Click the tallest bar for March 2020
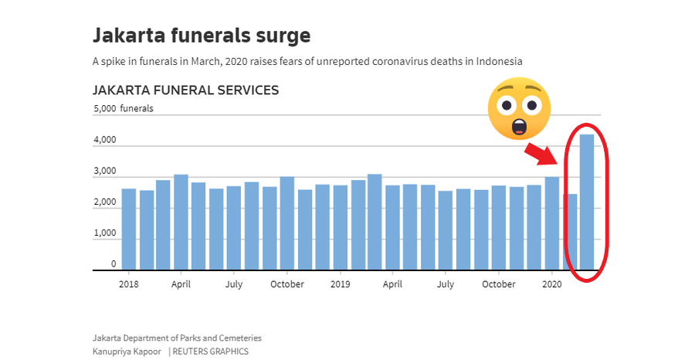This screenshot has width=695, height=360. [x=587, y=202]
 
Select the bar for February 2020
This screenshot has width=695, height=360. [x=570, y=232]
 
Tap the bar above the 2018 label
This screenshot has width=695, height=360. [x=128, y=229]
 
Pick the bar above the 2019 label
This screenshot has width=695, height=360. [x=341, y=227]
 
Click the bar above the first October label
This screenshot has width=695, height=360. [x=287, y=223]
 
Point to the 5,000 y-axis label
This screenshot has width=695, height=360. [x=105, y=109]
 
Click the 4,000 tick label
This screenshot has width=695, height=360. [x=105, y=140]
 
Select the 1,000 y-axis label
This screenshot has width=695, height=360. [x=105, y=233]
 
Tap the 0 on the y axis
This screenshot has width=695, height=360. [x=114, y=263]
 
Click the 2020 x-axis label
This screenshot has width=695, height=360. [x=552, y=284]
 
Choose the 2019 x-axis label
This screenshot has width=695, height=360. [x=340, y=284]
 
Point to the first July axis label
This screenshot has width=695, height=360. [x=233, y=284]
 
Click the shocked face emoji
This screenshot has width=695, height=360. [x=519, y=109]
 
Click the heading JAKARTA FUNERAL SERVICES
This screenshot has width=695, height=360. [x=185, y=90]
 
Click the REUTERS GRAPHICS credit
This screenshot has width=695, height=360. [x=211, y=352]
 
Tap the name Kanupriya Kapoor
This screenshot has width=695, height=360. [x=127, y=352]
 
